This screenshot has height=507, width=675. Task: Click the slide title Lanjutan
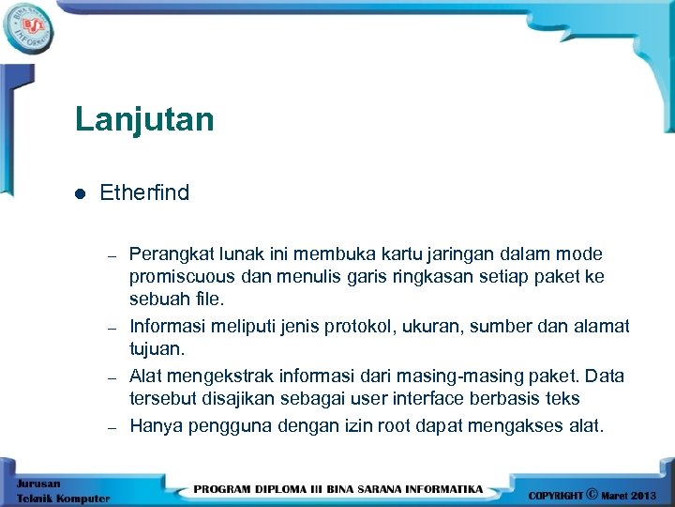[144, 120]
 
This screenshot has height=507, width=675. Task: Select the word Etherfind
[144, 192]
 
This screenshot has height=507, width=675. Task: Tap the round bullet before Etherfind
[80, 193]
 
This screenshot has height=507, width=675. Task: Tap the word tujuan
[157, 349]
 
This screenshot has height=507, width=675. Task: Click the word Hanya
[155, 425]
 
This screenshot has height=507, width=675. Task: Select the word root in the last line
[394, 425]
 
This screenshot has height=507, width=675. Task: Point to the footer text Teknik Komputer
[63, 499]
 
